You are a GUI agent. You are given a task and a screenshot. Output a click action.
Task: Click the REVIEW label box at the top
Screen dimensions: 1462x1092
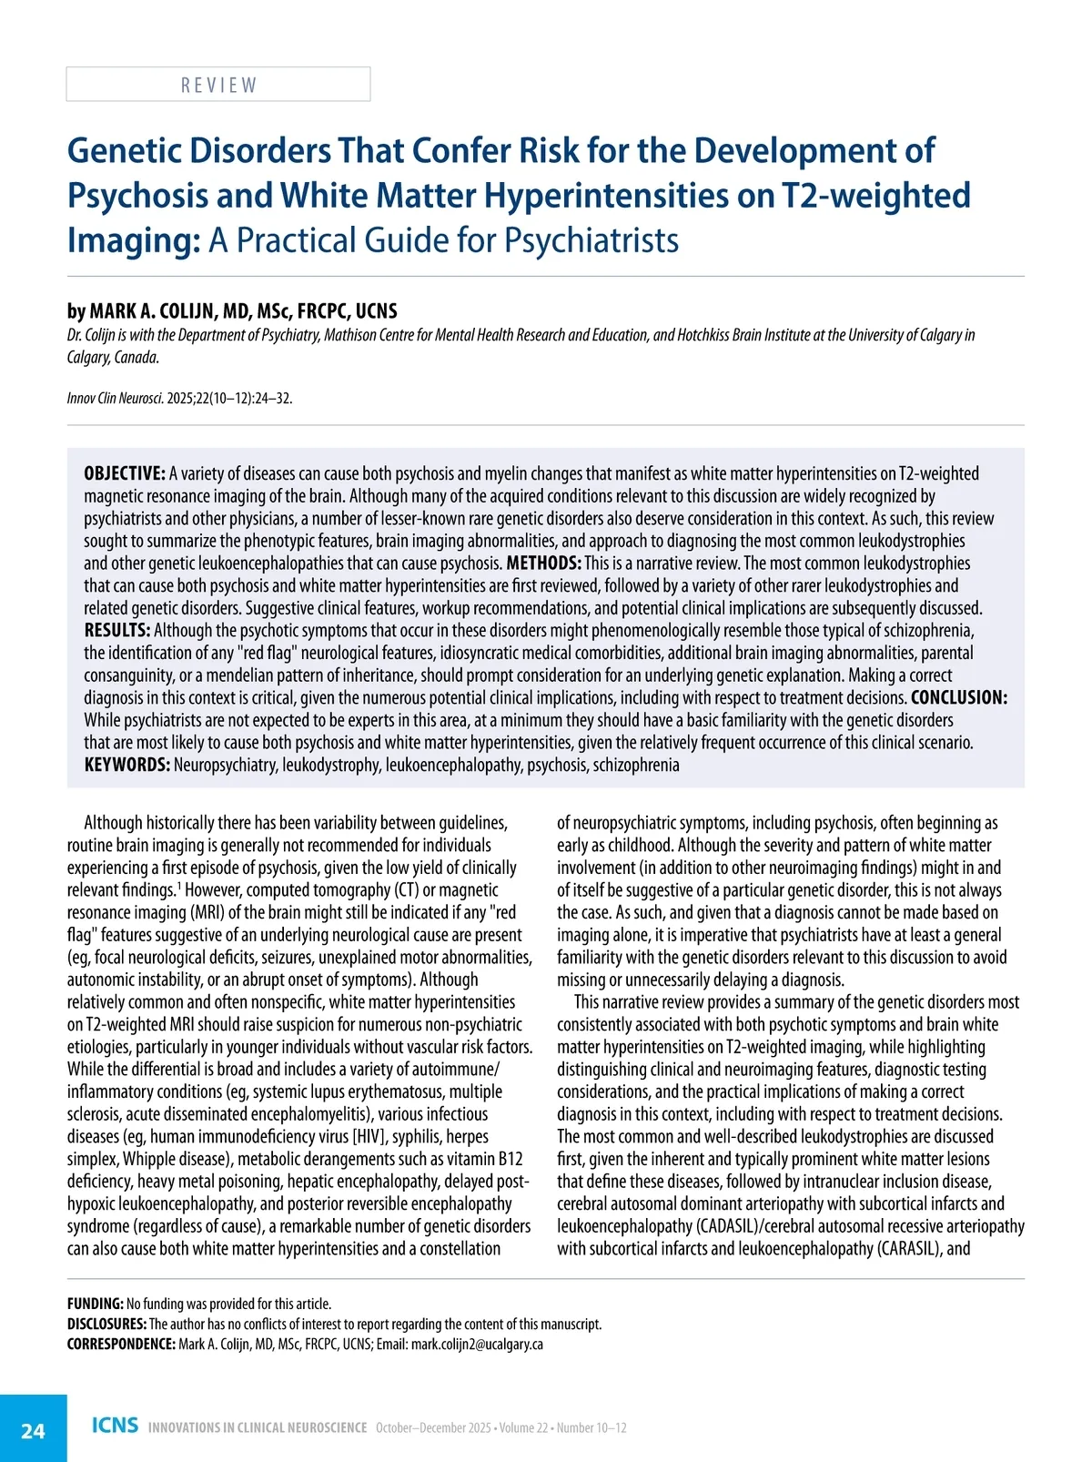pyautogui.click(x=218, y=85)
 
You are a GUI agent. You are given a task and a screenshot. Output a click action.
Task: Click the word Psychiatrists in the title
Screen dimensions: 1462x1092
pyautogui.click(x=591, y=240)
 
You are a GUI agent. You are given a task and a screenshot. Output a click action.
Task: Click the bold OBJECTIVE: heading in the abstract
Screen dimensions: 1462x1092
pyautogui.click(x=125, y=473)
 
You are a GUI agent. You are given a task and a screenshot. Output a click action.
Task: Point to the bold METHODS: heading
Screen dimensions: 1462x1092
pyautogui.click(x=543, y=563)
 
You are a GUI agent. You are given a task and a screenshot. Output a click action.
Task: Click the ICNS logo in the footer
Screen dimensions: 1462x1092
pyautogui.click(x=115, y=1426)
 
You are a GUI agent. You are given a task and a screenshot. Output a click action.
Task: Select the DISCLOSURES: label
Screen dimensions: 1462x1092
pyautogui.click(x=106, y=1325)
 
